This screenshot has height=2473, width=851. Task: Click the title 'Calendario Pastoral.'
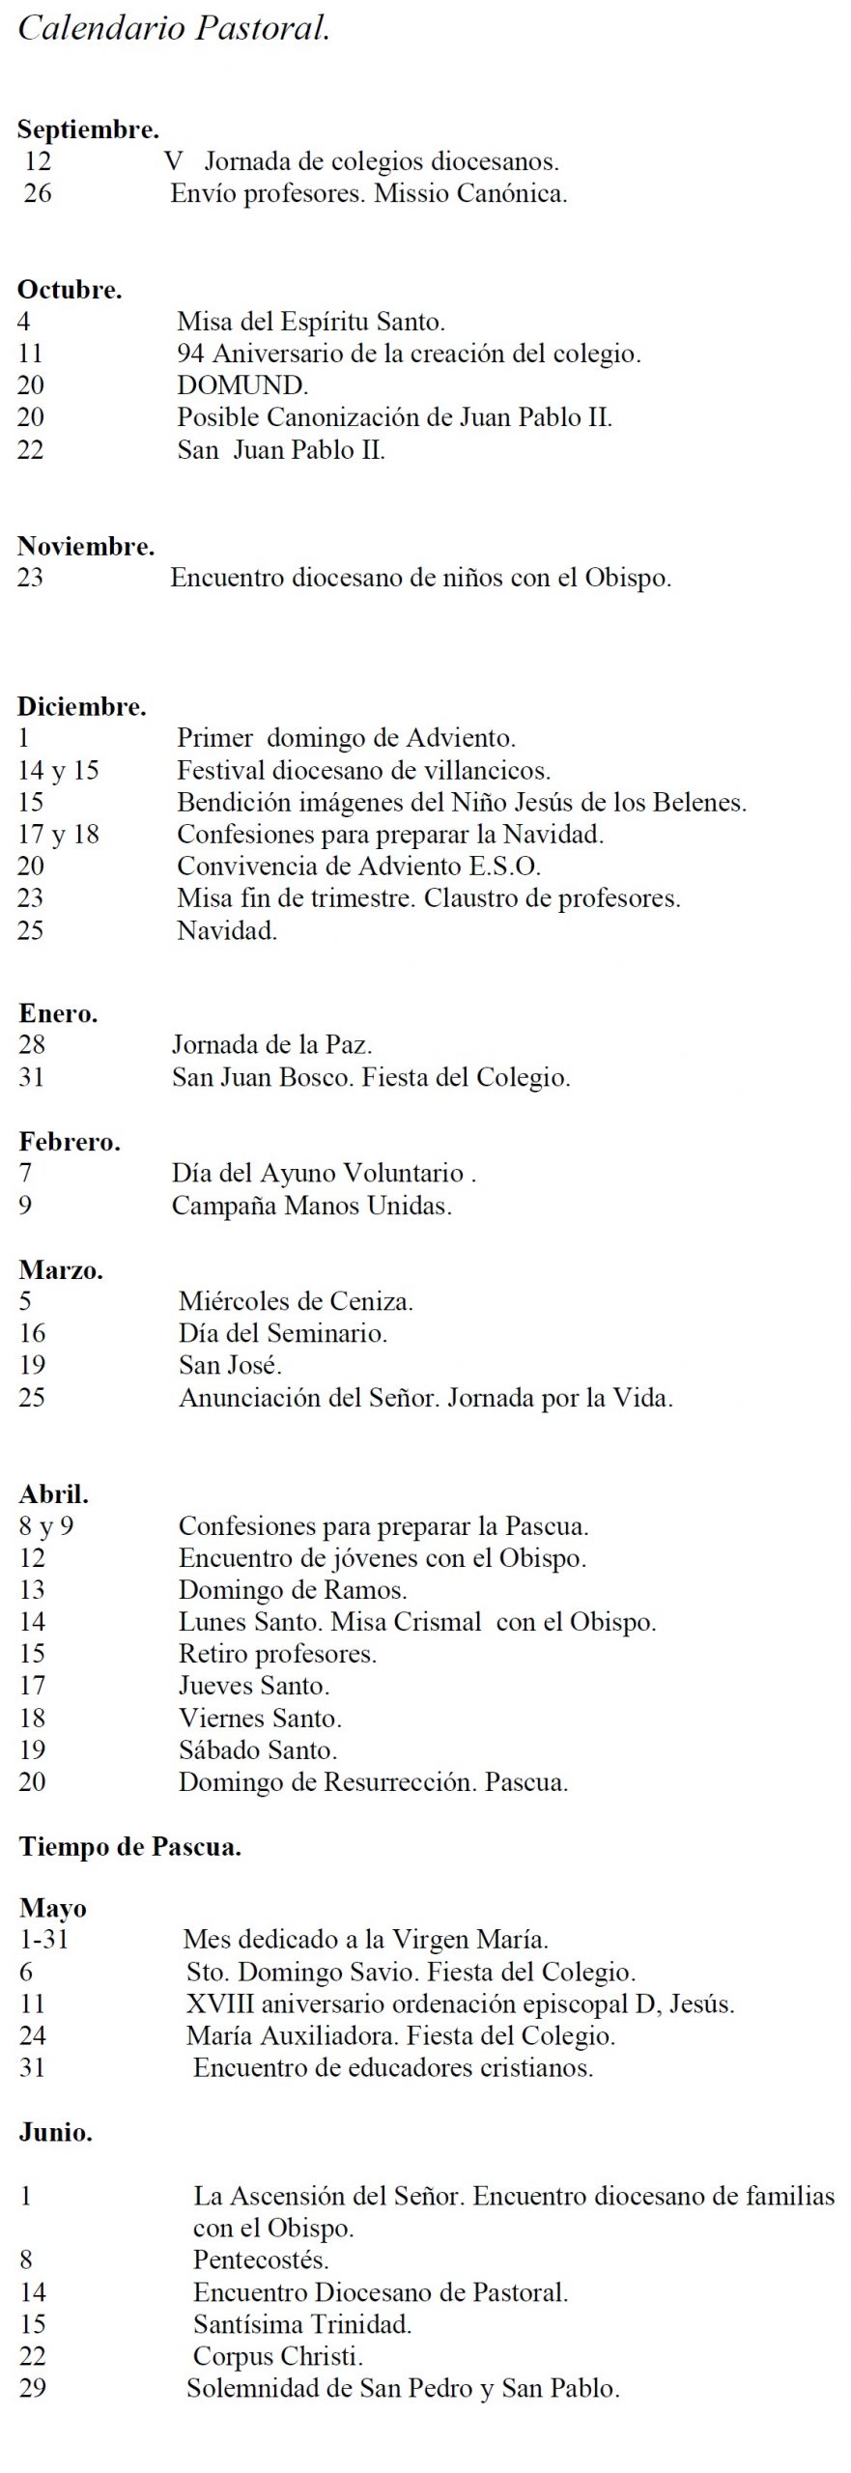click(x=174, y=28)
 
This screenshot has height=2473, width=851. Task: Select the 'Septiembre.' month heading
click(x=88, y=128)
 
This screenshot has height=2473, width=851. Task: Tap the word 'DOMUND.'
click(x=242, y=385)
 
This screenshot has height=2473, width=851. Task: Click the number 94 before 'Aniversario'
click(x=190, y=354)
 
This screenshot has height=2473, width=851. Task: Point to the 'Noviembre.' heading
click(x=86, y=546)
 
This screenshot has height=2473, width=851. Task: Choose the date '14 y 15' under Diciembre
click(x=58, y=770)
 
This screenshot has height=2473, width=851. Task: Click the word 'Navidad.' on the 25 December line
click(x=227, y=930)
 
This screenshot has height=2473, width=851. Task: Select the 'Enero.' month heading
click(x=58, y=1013)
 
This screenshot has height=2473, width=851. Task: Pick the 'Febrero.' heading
click(x=70, y=1142)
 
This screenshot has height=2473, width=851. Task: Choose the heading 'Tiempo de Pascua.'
click(x=129, y=1847)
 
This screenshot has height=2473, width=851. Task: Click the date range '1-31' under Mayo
click(x=43, y=1940)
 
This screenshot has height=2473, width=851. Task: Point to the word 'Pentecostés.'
click(x=261, y=2260)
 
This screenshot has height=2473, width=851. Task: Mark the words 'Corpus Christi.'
click(x=278, y=2356)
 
